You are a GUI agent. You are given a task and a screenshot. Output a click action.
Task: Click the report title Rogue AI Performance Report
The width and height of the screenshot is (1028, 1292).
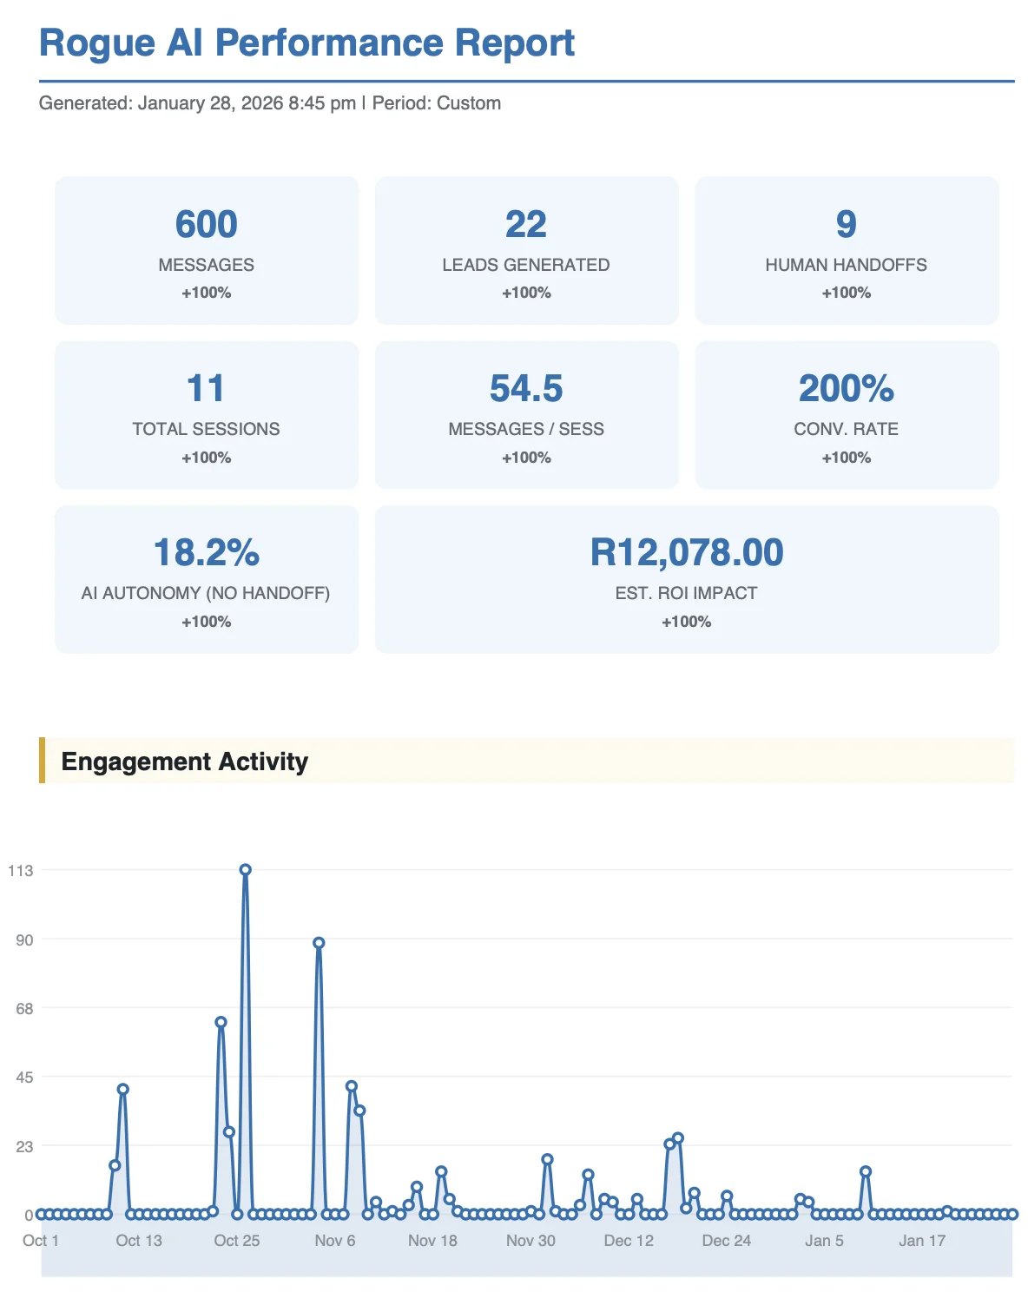click(306, 43)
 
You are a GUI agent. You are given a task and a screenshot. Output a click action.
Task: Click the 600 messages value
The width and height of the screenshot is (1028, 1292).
click(207, 225)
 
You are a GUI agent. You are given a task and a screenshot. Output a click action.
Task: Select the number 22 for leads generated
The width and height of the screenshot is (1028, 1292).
click(526, 225)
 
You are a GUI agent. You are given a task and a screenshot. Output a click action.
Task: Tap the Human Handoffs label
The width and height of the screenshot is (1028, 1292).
click(846, 265)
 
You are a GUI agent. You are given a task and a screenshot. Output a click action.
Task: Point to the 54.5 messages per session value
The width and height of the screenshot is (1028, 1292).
click(526, 389)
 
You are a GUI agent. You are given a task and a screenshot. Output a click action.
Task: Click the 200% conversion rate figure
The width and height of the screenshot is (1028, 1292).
click(846, 389)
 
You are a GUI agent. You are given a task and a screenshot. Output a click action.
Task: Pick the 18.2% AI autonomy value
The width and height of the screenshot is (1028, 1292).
click(207, 553)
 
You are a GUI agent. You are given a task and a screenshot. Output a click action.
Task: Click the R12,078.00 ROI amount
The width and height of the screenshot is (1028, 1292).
click(686, 553)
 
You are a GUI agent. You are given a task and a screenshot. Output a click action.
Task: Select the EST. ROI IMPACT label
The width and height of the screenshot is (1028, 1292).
click(686, 593)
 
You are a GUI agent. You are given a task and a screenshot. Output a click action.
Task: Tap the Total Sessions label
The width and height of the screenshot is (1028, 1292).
click(207, 429)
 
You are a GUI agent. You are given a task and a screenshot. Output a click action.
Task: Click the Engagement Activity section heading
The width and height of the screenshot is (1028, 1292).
click(185, 761)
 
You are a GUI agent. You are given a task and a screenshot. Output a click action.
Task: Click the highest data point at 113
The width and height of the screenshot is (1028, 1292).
click(246, 870)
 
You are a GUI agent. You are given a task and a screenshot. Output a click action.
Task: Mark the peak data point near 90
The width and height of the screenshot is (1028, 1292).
click(319, 943)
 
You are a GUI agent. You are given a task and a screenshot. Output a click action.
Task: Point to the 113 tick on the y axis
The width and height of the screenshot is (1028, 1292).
click(21, 871)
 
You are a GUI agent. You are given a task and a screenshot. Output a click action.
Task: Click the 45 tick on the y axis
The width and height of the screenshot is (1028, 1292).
click(23, 1078)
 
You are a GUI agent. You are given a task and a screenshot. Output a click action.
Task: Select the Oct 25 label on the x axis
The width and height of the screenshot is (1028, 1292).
click(237, 1241)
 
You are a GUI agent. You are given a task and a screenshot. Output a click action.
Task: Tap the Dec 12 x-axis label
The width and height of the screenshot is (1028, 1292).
click(629, 1241)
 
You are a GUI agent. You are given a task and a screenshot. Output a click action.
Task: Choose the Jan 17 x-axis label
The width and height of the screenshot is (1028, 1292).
click(922, 1241)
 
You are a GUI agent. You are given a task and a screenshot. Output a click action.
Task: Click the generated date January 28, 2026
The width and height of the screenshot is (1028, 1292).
click(210, 103)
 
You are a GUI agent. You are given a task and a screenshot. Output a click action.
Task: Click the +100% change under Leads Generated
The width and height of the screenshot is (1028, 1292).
click(526, 293)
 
